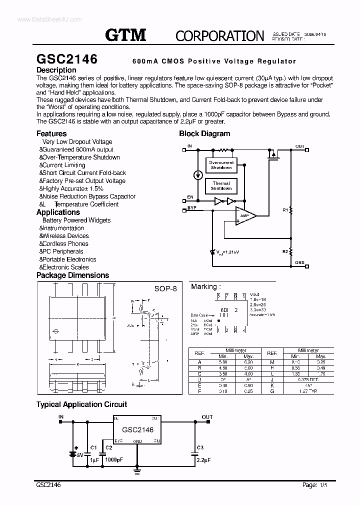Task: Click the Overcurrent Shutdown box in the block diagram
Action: (221, 165)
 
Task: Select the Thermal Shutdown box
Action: (221, 186)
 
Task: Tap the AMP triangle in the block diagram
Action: (244, 216)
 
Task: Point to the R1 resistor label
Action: (285, 210)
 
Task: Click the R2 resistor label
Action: (285, 251)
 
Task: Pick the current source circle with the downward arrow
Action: (198, 175)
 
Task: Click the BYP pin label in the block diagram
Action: (192, 207)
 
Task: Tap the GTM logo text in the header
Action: (125, 34)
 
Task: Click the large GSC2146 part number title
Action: (67, 58)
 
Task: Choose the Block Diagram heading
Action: (204, 133)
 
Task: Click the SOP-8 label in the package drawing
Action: (165, 290)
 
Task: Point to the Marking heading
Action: (204, 286)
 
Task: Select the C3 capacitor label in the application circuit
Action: (200, 446)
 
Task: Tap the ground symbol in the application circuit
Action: (138, 469)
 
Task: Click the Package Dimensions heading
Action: (72, 275)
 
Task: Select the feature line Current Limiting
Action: (64, 165)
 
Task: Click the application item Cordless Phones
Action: (65, 243)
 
